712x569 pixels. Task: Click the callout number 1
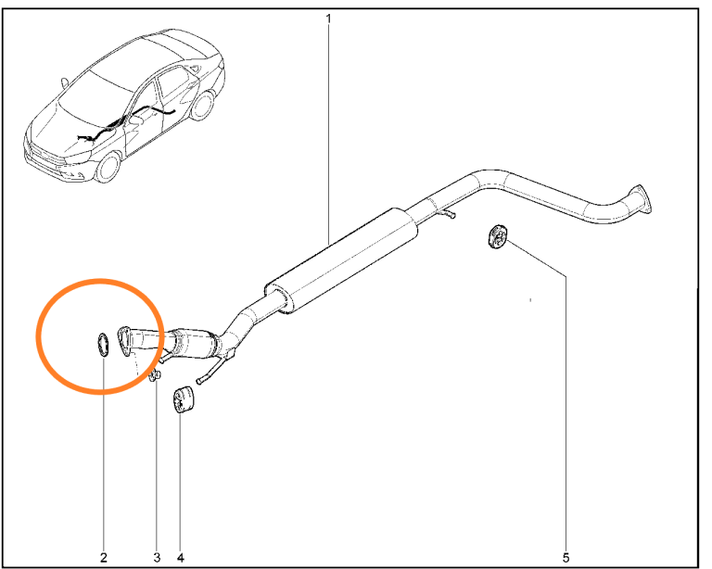click(328, 19)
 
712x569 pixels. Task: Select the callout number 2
click(104, 557)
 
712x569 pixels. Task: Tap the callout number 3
click(157, 557)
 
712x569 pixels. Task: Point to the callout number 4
click(180, 557)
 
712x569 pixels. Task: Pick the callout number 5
click(566, 557)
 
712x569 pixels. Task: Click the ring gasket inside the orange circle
click(99, 345)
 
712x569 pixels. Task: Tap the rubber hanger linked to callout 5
click(497, 236)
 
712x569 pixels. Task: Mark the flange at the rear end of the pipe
click(642, 198)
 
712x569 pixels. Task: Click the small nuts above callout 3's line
click(155, 375)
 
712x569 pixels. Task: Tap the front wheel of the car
click(108, 167)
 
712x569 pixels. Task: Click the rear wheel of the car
click(202, 106)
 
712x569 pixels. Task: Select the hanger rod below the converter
click(213, 370)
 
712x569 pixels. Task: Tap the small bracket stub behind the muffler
click(447, 213)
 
